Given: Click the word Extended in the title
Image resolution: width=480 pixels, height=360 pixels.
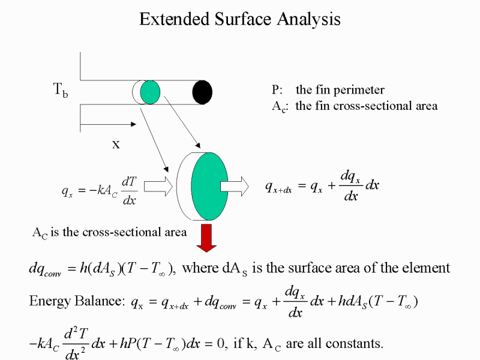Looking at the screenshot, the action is tap(174, 19).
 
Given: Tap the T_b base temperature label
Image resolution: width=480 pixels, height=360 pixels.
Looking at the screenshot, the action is tap(61, 90).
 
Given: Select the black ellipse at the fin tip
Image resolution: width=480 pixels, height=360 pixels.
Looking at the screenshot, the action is tap(202, 92).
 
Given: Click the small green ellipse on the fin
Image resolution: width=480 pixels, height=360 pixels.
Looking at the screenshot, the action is tap(151, 92).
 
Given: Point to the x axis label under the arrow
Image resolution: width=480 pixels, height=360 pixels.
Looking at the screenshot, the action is tap(116, 144).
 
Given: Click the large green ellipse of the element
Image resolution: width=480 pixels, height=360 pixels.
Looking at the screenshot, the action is tap(209, 186).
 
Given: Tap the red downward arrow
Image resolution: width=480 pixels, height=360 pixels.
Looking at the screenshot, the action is tap(206, 238).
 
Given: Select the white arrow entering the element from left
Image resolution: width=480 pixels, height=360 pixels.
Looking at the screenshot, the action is tap(158, 186).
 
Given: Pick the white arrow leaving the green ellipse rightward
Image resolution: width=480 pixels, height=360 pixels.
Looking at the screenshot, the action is tap(235, 186).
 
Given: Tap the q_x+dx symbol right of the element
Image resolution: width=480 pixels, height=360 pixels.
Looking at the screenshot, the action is tap(278, 187).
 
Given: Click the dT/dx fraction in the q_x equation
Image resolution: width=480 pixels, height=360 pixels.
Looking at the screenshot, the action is tap(129, 191).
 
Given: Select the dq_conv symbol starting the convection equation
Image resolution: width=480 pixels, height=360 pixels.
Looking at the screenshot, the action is tap(45, 269).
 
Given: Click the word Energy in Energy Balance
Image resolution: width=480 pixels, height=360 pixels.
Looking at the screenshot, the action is tap(50, 301).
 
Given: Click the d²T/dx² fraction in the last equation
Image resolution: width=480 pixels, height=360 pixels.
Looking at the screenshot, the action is tap(76, 343).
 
